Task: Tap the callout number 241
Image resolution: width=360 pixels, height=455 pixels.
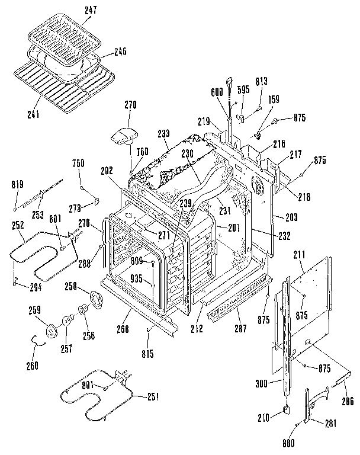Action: (x=33, y=114)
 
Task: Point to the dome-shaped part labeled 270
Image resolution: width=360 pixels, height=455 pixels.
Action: (x=123, y=136)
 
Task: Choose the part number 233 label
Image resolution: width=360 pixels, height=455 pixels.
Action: (x=163, y=134)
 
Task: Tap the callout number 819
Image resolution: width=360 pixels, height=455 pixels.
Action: (x=17, y=185)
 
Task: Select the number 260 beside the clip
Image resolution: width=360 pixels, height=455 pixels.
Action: (x=32, y=365)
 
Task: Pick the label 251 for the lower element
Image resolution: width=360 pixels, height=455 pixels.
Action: (x=152, y=396)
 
